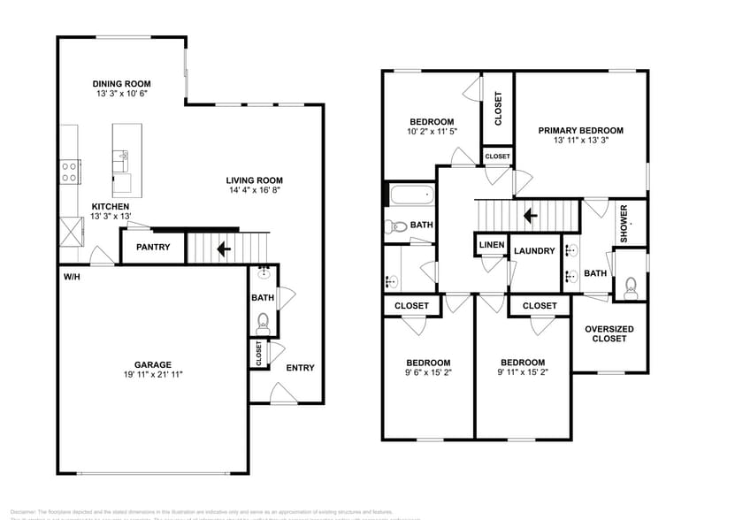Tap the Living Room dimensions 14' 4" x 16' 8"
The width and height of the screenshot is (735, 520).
(254, 189)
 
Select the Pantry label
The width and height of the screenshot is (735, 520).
(152, 248)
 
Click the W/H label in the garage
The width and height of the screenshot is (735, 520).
(72, 277)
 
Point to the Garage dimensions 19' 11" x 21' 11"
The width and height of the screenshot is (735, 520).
(152, 374)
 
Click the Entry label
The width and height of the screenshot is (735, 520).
(300, 368)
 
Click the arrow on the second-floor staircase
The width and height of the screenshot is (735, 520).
(530, 215)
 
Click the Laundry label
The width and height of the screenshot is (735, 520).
(534, 251)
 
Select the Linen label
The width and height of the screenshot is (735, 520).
(491, 245)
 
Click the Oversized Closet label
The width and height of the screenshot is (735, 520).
(609, 333)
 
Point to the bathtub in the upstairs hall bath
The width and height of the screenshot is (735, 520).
(410, 195)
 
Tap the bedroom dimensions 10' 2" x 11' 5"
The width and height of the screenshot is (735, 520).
(432, 132)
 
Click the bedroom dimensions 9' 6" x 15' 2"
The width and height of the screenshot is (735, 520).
(428, 373)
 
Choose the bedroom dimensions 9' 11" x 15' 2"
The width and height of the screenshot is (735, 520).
(522, 373)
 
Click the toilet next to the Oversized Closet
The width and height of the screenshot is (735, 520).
(631, 285)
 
